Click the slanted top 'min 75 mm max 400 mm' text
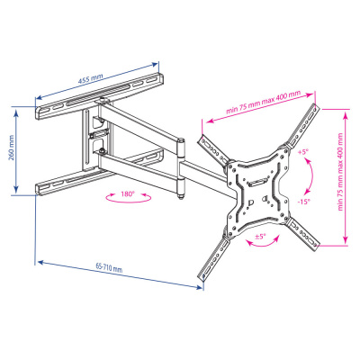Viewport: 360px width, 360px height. coord(262,102)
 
